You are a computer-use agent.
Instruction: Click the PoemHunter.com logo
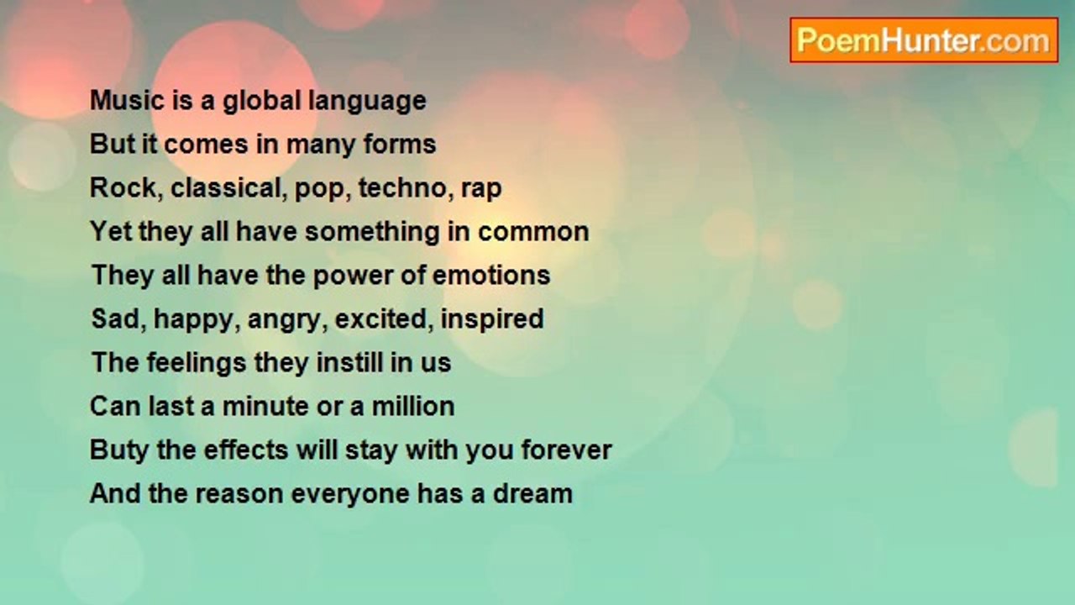924,40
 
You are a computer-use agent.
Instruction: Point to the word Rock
123,187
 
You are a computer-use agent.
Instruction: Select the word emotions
491,276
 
